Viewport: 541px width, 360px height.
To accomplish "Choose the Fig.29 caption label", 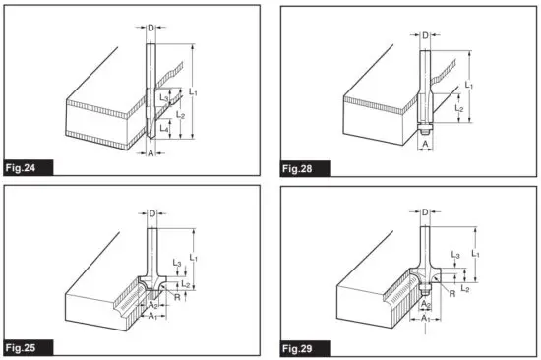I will click(298, 347).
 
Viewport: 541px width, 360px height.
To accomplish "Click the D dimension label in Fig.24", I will click(150, 28).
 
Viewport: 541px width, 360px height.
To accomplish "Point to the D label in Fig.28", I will click(423, 39).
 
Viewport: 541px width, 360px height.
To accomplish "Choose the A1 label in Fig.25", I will click(150, 319).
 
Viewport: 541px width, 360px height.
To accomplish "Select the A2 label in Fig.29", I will click(423, 306).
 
